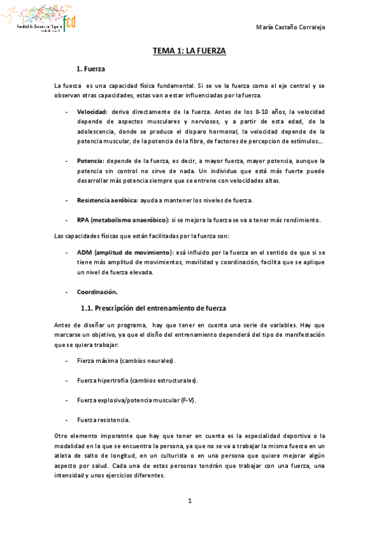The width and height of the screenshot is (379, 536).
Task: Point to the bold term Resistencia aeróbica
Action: [x=106, y=200]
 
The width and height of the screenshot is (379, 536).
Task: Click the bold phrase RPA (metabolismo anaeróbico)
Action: [x=122, y=220]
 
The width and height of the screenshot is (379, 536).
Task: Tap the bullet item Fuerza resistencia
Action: [x=104, y=420]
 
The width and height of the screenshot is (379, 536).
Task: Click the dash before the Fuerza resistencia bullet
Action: [x=68, y=420]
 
